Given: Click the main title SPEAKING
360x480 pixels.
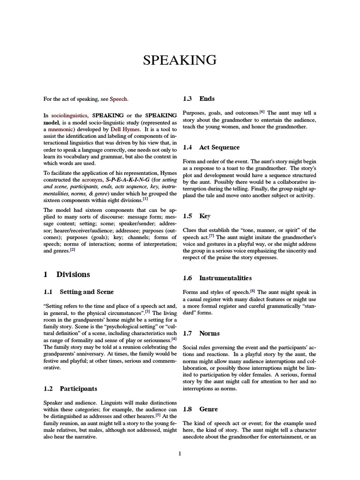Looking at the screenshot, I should tap(180, 60).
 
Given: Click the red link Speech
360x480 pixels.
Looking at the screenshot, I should tap(118, 99).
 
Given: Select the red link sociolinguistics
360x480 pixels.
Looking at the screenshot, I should tap(70, 115).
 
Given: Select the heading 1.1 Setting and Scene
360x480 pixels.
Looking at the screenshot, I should tap(78, 292).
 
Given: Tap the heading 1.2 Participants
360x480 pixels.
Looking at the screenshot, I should tap(70, 389).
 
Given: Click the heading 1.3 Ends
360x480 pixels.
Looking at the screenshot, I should tap(199, 98).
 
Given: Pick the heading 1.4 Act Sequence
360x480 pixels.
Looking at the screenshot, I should tap(211, 147).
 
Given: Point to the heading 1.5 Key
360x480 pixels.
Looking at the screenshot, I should tap(196, 216).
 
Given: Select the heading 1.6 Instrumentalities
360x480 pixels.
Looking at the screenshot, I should tap(217, 278).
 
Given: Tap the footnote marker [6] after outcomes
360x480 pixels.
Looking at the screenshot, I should tap(262, 112).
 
